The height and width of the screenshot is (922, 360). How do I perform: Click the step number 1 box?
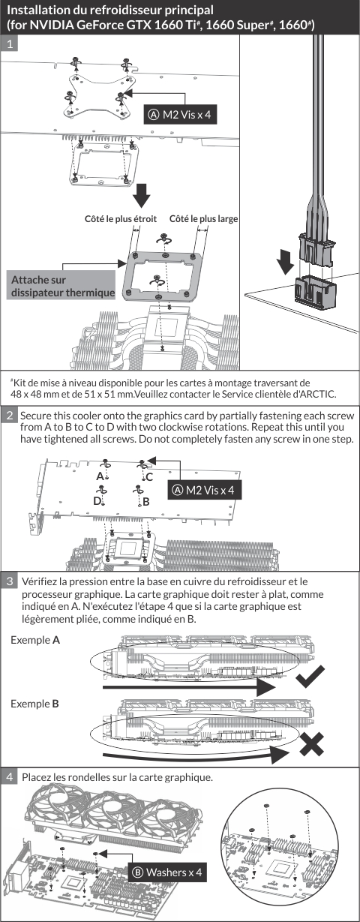tap(10, 44)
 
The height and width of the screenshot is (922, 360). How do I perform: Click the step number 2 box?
tap(10, 415)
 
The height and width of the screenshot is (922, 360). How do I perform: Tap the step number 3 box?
tap(10, 581)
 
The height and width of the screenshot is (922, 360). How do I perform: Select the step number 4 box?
tap(10, 776)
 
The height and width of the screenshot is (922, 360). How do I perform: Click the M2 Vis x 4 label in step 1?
tap(179, 115)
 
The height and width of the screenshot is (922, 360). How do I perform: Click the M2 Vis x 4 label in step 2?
tap(204, 490)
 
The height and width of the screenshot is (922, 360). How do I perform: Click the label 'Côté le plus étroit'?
tap(121, 218)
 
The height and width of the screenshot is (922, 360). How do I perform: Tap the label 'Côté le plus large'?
tap(204, 218)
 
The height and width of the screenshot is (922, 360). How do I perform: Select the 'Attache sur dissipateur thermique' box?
tap(61, 285)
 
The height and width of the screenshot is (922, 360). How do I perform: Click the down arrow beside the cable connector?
tap(285, 262)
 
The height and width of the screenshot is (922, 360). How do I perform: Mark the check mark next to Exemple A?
tap(310, 676)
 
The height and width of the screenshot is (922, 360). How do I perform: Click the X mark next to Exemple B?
tap(311, 743)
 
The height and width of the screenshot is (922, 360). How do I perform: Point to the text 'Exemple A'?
tap(35, 640)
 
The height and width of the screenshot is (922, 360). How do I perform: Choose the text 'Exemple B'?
tap(35, 704)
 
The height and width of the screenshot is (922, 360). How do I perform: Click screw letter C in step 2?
tap(149, 477)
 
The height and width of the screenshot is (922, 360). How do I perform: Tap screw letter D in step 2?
tap(97, 500)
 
